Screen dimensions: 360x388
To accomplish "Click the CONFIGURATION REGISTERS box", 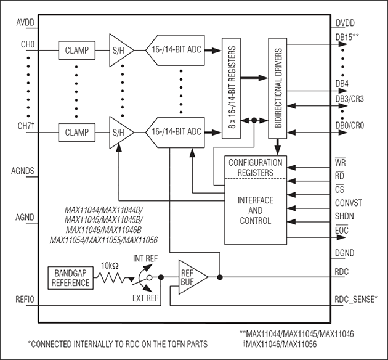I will (255, 168).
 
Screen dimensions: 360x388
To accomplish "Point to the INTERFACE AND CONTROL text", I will (255, 210).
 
